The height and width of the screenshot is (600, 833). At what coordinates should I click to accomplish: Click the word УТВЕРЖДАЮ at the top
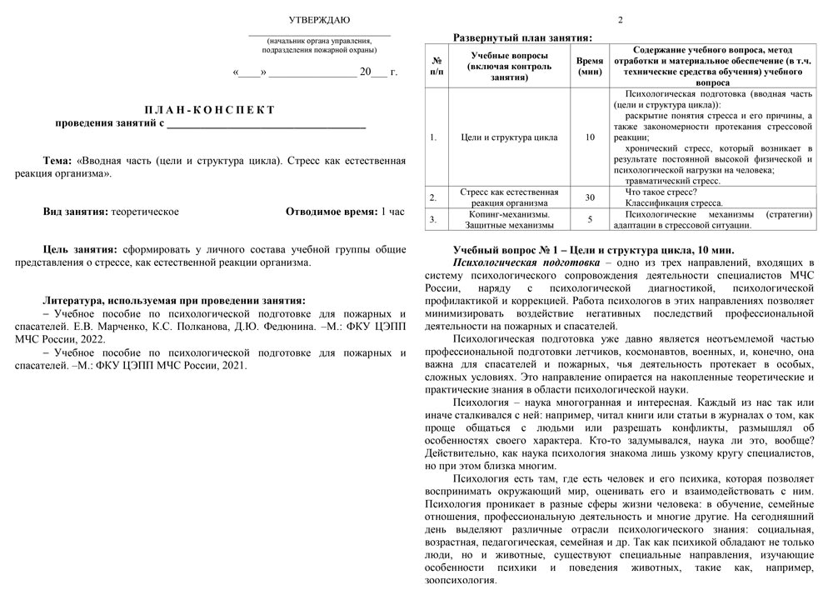point(319,19)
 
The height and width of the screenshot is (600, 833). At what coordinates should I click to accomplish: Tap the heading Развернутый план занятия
point(522,37)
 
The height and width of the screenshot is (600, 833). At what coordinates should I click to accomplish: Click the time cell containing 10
point(590,137)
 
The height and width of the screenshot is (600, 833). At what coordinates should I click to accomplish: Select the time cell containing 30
point(590,197)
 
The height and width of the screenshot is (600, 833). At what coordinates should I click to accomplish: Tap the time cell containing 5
point(590,219)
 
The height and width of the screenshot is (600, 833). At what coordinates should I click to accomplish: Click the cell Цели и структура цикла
point(509,137)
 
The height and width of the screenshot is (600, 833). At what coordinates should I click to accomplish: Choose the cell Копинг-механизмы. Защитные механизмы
point(509,219)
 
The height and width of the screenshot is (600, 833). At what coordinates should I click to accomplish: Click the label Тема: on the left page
point(57,160)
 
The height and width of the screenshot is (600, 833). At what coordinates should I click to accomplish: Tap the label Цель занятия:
point(80,249)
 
